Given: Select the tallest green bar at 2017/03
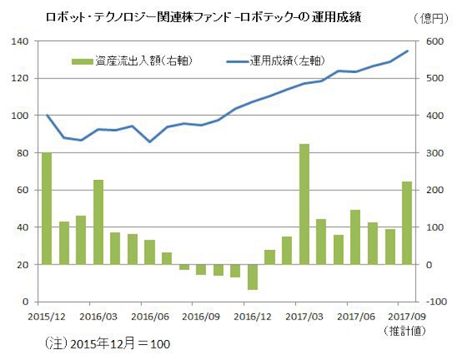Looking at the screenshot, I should [x=304, y=204].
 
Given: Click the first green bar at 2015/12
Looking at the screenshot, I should [x=47, y=208].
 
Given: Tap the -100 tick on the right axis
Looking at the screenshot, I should [x=436, y=302].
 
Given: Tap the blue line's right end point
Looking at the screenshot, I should [x=408, y=51].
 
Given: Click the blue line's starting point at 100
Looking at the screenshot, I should [x=47, y=115].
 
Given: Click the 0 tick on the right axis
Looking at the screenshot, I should [x=430, y=265].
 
